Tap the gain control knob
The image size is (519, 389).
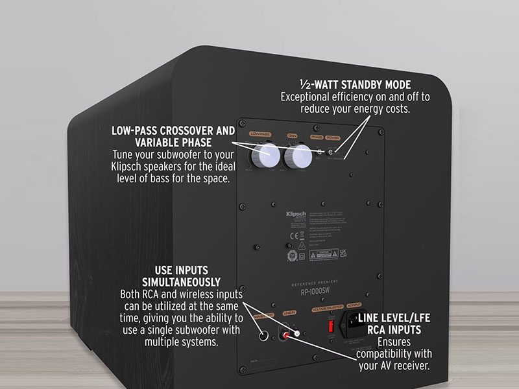point(299,157)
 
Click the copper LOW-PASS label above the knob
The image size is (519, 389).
point(260,134)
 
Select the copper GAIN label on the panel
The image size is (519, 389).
point(292,135)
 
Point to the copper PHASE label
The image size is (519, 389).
point(317,137)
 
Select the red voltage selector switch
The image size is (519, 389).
point(332,322)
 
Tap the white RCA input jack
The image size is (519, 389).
point(297,333)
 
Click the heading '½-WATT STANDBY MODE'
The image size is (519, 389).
point(355,84)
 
